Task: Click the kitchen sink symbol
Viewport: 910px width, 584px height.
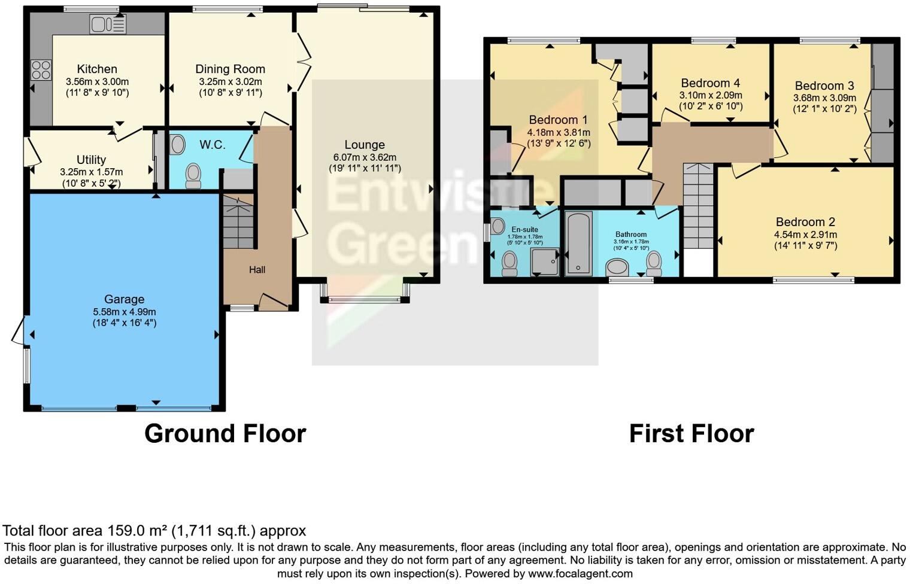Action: pos(108,24)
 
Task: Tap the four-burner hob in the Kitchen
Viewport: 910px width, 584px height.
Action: pos(41,70)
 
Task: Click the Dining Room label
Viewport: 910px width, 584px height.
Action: pos(230,69)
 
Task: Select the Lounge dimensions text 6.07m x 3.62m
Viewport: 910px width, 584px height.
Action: pos(365,157)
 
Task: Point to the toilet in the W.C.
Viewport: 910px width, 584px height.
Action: pos(193,175)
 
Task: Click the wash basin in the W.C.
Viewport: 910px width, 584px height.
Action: pos(178,144)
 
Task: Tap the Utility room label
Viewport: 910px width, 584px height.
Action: pos(91,160)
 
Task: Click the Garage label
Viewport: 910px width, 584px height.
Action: pos(124,299)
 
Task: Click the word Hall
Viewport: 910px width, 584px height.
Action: pos(257,270)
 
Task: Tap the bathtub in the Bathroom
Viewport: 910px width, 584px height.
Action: pos(578,243)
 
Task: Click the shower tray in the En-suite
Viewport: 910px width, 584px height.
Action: pos(545,262)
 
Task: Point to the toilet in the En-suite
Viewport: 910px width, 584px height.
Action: pos(509,263)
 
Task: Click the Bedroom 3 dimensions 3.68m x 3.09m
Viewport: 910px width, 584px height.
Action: pos(824,98)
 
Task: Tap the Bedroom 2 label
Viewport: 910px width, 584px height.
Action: pos(805,222)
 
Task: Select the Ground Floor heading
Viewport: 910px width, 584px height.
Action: pos(225,434)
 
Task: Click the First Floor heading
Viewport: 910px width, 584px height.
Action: pos(691,434)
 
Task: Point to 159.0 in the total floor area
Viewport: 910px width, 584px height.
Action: pos(126,531)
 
